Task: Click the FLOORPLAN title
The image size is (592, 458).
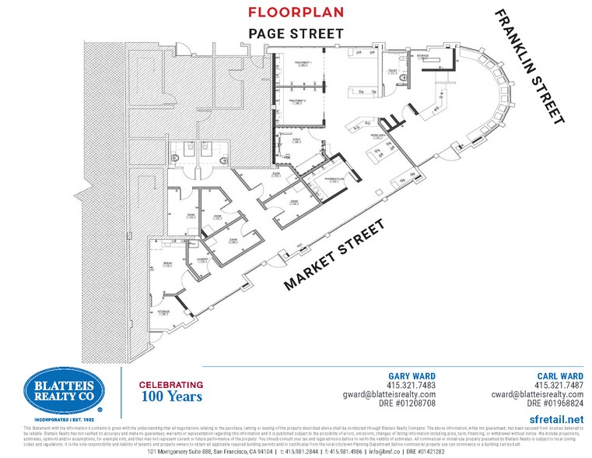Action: coord(296,12)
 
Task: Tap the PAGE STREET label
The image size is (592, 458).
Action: coord(296,33)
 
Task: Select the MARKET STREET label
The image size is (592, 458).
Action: coord(335,255)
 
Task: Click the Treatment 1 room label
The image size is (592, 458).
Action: coord(303,62)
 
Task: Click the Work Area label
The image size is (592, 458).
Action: coord(379,136)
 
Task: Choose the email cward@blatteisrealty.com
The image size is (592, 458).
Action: coord(536,394)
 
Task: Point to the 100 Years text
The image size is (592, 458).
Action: coord(171,396)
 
